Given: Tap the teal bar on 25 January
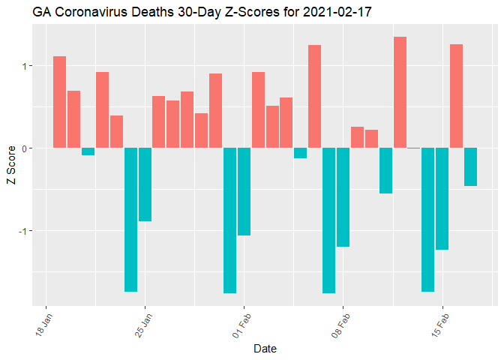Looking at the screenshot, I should [x=145, y=184].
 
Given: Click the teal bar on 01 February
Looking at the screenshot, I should [x=244, y=191].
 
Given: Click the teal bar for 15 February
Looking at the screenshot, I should [x=442, y=198].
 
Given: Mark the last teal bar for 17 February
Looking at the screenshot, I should [x=470, y=166].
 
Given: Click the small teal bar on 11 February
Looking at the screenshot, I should [x=385, y=170].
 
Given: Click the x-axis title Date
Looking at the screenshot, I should [x=266, y=349].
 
